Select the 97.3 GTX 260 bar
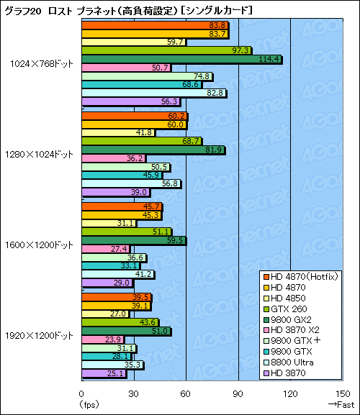166,50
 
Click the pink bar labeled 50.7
126,68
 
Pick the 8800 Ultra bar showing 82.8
154,93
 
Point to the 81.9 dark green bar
153,150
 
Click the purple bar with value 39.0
116,192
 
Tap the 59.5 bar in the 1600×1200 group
134,240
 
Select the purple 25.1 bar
104,373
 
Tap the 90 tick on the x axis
238,393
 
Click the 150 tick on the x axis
342,393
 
